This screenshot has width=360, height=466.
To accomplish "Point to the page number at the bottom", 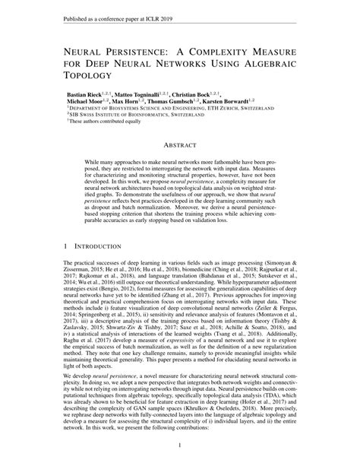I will pos(179,446).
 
